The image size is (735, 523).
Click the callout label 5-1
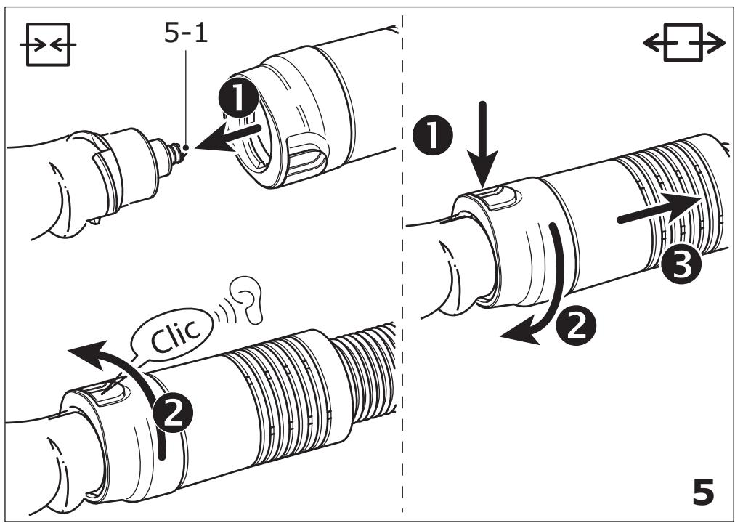186,33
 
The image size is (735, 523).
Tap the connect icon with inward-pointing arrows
48,44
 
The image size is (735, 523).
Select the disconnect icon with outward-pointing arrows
684,43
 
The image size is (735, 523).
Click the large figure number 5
703,492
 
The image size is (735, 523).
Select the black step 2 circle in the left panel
173,413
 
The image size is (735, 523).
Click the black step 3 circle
681,265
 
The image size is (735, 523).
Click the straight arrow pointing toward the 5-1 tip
227,138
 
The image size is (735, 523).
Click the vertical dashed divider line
402,262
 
